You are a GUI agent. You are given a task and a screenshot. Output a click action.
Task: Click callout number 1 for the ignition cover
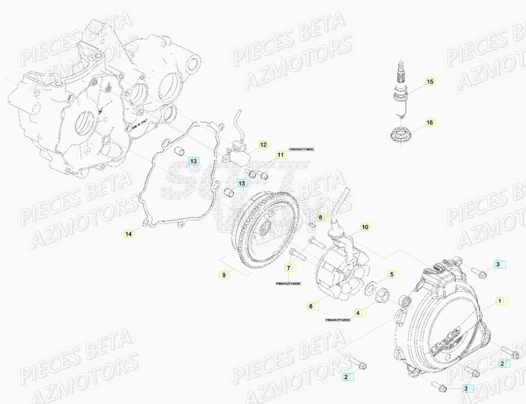tap(499, 301)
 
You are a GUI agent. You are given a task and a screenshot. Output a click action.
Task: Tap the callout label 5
tap(391, 275)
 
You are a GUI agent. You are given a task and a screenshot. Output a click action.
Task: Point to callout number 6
tap(311, 306)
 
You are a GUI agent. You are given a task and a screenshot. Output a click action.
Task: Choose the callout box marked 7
tap(288, 268)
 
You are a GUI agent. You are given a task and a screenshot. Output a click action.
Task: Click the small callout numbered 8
tap(320, 217)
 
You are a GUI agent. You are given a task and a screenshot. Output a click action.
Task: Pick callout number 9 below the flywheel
tap(224, 275)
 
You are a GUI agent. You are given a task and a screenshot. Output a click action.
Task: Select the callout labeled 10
tap(365, 227)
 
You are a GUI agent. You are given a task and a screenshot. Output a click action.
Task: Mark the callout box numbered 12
tap(264, 145)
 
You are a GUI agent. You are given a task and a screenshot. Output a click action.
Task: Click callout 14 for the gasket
tap(129, 233)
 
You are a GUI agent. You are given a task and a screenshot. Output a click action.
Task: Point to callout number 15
tap(430, 82)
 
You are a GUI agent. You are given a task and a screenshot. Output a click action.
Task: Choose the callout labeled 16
tap(430, 122)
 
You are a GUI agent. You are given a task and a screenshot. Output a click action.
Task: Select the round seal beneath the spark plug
tap(401, 136)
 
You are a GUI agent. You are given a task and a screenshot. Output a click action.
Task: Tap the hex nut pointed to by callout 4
tap(382, 295)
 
